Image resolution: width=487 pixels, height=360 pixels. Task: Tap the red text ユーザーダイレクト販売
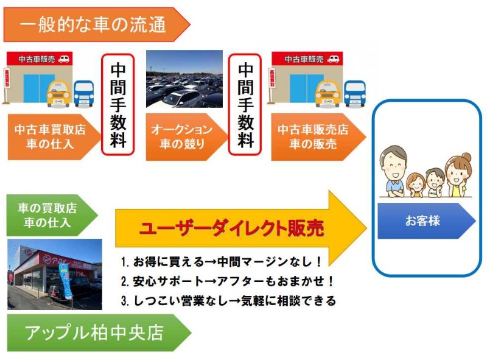pos(231,228)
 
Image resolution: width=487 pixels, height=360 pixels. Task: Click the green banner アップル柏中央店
pos(94,333)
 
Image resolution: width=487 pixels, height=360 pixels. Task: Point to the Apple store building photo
pos(54,274)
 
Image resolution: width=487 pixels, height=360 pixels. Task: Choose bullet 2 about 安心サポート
pos(228,282)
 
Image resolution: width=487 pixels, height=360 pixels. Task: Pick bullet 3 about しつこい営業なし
pos(228,301)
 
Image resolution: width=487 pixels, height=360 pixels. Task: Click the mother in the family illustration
pos(457,173)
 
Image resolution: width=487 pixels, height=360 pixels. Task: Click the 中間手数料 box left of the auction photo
pos(117,105)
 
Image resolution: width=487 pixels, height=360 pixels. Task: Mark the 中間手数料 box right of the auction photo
pos(245,105)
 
